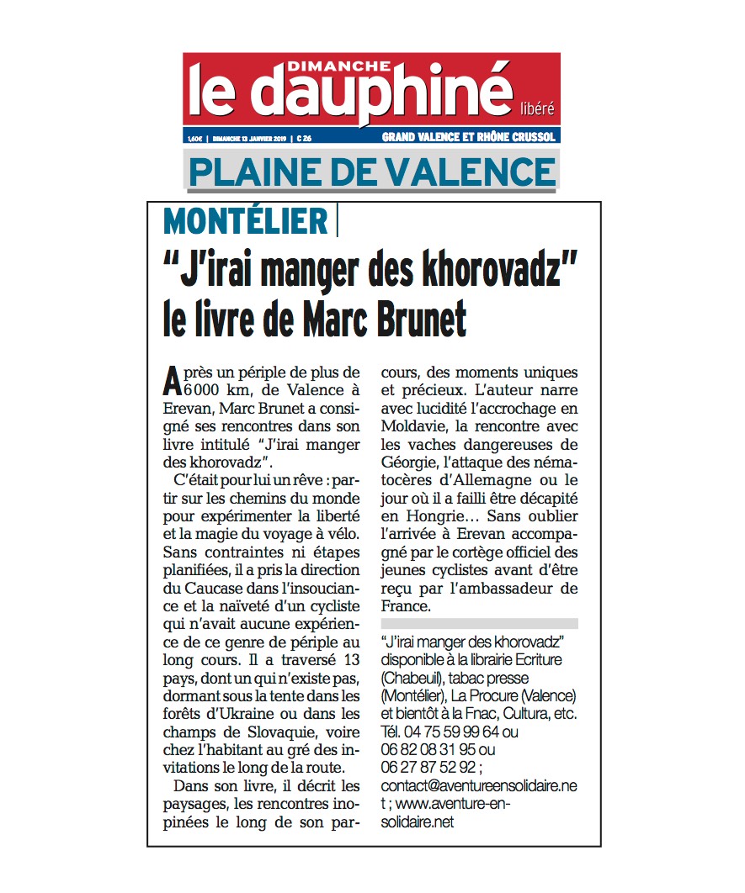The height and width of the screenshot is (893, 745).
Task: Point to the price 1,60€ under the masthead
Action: coord(195,137)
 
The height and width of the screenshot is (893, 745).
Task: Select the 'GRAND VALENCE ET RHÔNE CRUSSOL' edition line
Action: coord(469,137)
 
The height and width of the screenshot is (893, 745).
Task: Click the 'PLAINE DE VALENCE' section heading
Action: coord(371,172)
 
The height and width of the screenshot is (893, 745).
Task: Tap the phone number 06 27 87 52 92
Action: coord(428,767)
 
